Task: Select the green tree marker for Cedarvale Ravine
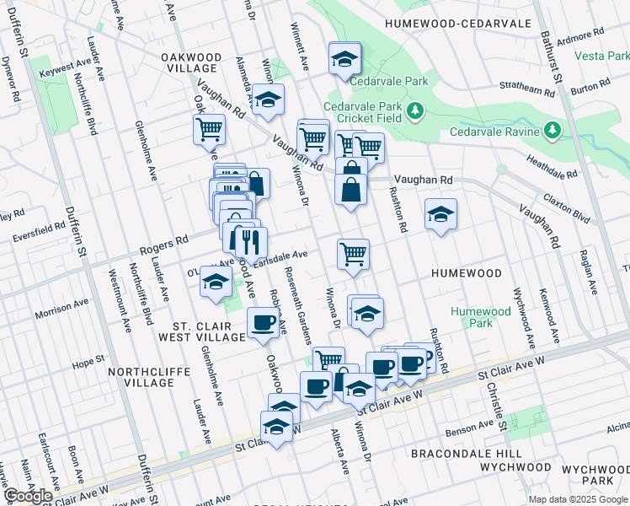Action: (x=552, y=131)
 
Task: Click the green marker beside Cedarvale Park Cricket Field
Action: (x=414, y=111)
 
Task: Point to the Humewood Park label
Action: (x=480, y=317)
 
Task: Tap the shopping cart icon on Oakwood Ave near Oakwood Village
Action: (x=209, y=131)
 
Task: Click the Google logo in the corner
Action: (x=28, y=496)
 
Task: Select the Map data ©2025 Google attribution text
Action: (x=577, y=499)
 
